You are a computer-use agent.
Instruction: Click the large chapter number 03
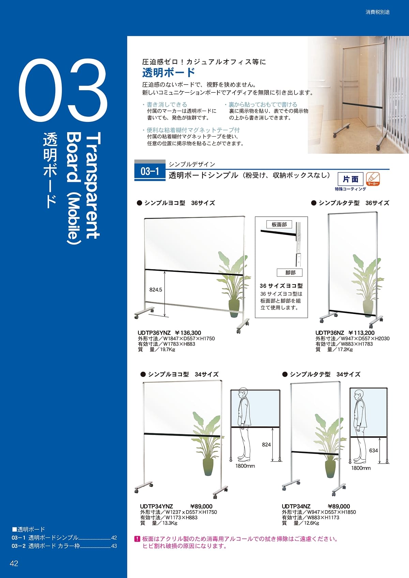click(x=63, y=91)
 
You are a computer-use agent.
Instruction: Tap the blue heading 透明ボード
click(x=168, y=73)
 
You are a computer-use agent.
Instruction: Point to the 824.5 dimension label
click(x=156, y=290)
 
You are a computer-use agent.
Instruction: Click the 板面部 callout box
click(x=279, y=224)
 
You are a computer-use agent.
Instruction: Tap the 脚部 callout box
click(x=290, y=272)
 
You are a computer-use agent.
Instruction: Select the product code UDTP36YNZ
click(x=154, y=333)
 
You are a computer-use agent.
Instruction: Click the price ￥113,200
click(x=361, y=333)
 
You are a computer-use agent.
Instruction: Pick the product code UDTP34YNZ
click(x=156, y=506)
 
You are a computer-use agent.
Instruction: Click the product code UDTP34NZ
click(x=296, y=506)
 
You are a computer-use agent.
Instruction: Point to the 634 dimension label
click(x=374, y=451)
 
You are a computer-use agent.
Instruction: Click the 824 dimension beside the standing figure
click(x=266, y=444)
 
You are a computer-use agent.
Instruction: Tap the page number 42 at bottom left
click(x=14, y=563)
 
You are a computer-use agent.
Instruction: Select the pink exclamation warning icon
click(x=137, y=539)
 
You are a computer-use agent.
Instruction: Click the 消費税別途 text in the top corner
click(x=377, y=12)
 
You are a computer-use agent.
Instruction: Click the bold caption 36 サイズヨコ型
click(x=281, y=286)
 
